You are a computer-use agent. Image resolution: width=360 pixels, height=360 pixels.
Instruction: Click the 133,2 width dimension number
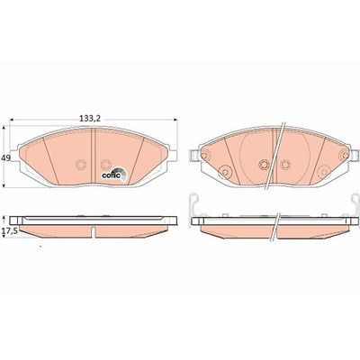pos(89,119)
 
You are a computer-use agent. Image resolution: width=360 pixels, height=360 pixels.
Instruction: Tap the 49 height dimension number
pos(5,157)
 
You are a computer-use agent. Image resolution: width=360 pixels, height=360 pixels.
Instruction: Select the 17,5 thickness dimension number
pos(9,231)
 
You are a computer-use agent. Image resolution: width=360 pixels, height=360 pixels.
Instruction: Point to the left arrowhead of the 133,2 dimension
pos(13,120)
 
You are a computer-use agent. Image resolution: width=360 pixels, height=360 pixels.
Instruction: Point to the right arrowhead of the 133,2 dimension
pos(175,120)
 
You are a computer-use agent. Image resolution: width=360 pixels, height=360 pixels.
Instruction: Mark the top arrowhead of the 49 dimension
pos(4,128)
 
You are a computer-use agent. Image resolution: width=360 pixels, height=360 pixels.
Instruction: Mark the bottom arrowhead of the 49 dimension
pos(4,184)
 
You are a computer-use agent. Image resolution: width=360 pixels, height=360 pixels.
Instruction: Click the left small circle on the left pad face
pos(81,165)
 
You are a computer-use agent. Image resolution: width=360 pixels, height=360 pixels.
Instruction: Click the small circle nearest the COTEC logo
pos(105,165)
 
